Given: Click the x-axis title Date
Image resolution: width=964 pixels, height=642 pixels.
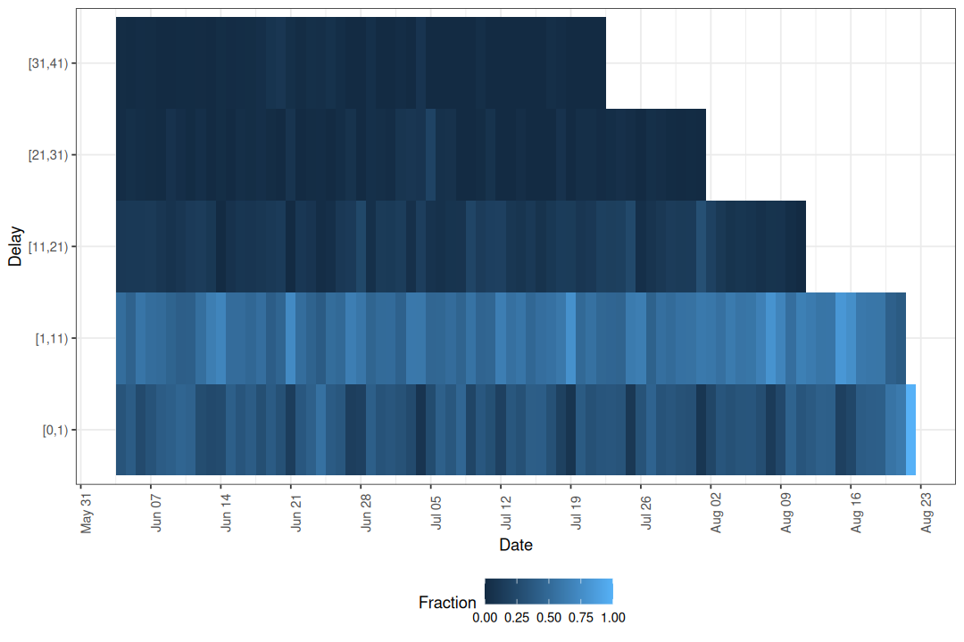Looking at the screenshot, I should (x=516, y=545).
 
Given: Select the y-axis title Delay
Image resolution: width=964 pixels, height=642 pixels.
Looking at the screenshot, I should (x=15, y=246).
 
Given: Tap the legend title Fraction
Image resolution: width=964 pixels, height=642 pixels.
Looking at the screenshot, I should (x=447, y=603).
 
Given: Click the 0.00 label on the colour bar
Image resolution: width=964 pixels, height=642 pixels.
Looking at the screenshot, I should (x=485, y=617).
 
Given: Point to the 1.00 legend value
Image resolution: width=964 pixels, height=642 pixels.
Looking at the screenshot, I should (x=612, y=617).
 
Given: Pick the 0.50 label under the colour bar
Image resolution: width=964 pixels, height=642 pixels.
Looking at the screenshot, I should (x=549, y=617).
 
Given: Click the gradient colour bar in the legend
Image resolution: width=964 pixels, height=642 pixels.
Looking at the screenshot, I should (x=549, y=591).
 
